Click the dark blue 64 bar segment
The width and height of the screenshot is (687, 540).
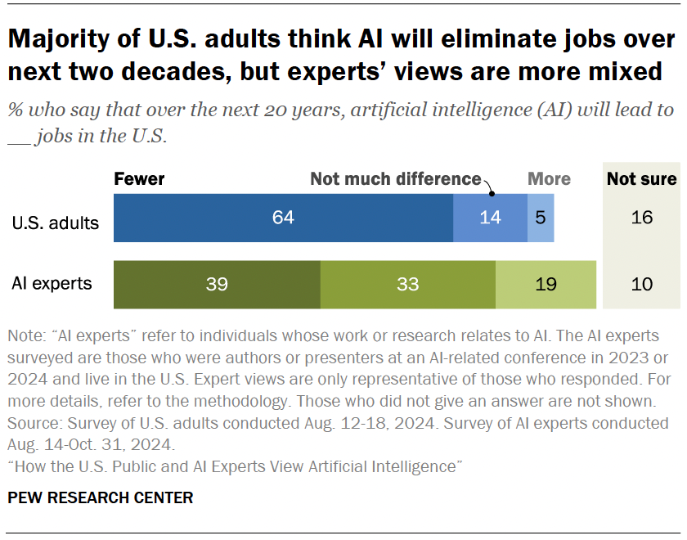coord(283,218)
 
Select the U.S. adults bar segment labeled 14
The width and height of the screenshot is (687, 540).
coord(490,218)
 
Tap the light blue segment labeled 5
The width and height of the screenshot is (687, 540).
coord(540,218)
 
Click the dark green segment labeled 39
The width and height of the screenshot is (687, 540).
coord(217,285)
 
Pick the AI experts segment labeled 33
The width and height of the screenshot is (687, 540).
coord(407,285)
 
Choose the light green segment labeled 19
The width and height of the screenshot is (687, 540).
coord(546,285)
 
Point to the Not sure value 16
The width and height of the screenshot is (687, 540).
coord(642,218)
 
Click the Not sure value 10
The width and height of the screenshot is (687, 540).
coord(642,285)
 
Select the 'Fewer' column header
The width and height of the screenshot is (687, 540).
coord(139,179)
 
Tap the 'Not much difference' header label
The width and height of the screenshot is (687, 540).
coord(395,179)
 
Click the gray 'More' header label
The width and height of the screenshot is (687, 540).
coord(549,179)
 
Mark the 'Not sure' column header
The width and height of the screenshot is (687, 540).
coord(642,179)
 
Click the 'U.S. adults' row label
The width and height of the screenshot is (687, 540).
coord(56,223)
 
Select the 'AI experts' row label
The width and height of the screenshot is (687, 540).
coord(52,285)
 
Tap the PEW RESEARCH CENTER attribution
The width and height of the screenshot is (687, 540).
coord(101,497)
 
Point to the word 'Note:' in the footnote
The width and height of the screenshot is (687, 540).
coord(26,336)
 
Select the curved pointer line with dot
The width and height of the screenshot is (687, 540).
coord(489,187)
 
